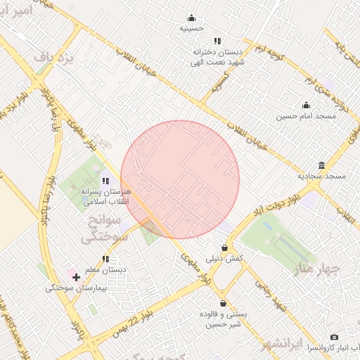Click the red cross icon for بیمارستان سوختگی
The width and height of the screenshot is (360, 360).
pyautogui.click(x=76, y=277)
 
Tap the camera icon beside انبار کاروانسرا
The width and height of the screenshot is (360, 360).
pyautogui.click(x=333, y=337)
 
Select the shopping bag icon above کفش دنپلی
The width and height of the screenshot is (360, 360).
pyautogui.click(x=224, y=247)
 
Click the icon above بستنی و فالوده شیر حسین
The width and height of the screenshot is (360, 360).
pyautogui.click(x=223, y=304)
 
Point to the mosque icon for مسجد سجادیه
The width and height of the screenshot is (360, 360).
pyautogui.click(x=321, y=165)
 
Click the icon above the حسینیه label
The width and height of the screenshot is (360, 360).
pyautogui.click(x=191, y=18)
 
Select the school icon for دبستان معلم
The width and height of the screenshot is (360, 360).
pyautogui.click(x=105, y=259)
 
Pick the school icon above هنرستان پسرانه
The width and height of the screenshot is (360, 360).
pyautogui.click(x=105, y=181)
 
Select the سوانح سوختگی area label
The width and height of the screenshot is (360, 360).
pyautogui.click(x=105, y=230)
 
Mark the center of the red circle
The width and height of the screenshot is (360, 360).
pyautogui.click(x=180, y=179)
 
